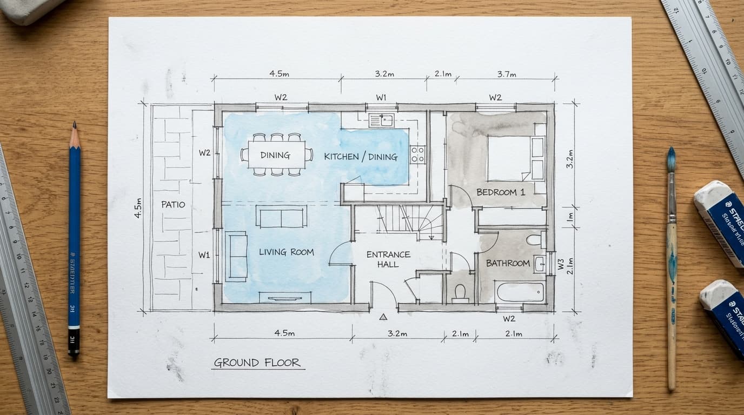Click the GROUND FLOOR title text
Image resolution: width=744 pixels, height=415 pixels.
coord(257,363)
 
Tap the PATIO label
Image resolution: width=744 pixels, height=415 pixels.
coord(173,205)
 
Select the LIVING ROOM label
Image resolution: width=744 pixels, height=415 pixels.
coord(286,252)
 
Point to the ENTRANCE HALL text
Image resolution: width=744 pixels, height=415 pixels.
coord(388,259)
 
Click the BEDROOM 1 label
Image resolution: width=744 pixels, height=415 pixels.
coord(501,192)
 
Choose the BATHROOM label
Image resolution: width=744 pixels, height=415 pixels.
coord(508,263)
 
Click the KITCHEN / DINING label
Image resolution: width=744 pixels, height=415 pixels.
coord(361,157)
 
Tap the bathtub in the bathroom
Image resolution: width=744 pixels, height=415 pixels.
coord(520,292)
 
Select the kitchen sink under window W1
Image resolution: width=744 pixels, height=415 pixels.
coord(381,120)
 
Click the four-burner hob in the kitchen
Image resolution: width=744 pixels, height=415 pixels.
coord(418,155)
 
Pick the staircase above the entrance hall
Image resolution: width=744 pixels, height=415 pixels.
coord(411,220)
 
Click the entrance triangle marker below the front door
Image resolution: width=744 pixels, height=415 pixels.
coord(384,317)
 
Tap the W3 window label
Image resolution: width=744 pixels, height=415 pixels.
coord(561,264)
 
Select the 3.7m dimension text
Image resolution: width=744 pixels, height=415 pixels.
coord(507,74)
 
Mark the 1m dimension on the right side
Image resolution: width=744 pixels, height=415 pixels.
coord(570,217)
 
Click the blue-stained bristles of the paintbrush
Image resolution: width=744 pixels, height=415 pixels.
coord(671,160)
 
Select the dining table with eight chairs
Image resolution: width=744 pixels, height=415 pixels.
coord(276,155)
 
